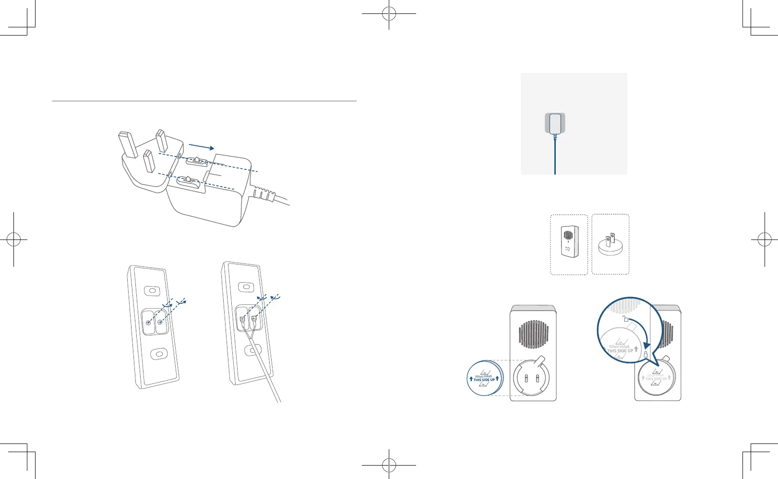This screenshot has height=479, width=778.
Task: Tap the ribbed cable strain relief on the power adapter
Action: point(263,194)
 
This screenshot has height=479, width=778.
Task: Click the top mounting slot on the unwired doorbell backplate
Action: point(152,291)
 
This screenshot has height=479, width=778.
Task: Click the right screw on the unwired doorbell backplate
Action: point(160,322)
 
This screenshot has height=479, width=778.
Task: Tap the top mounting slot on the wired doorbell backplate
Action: point(246,287)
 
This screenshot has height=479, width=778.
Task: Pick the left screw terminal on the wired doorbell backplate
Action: point(242,319)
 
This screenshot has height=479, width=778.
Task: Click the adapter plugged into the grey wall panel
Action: point(555,123)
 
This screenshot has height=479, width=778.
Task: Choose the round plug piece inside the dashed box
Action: point(610,245)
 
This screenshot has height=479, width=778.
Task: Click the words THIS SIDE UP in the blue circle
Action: point(484,380)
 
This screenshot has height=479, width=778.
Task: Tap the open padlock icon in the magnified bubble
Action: point(625,318)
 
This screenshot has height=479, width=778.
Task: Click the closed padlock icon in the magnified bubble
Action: point(646,355)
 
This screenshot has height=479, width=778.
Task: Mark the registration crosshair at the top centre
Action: point(389,14)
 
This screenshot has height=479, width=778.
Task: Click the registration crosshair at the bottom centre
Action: point(389,465)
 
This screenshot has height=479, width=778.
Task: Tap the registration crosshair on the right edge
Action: point(764,239)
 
